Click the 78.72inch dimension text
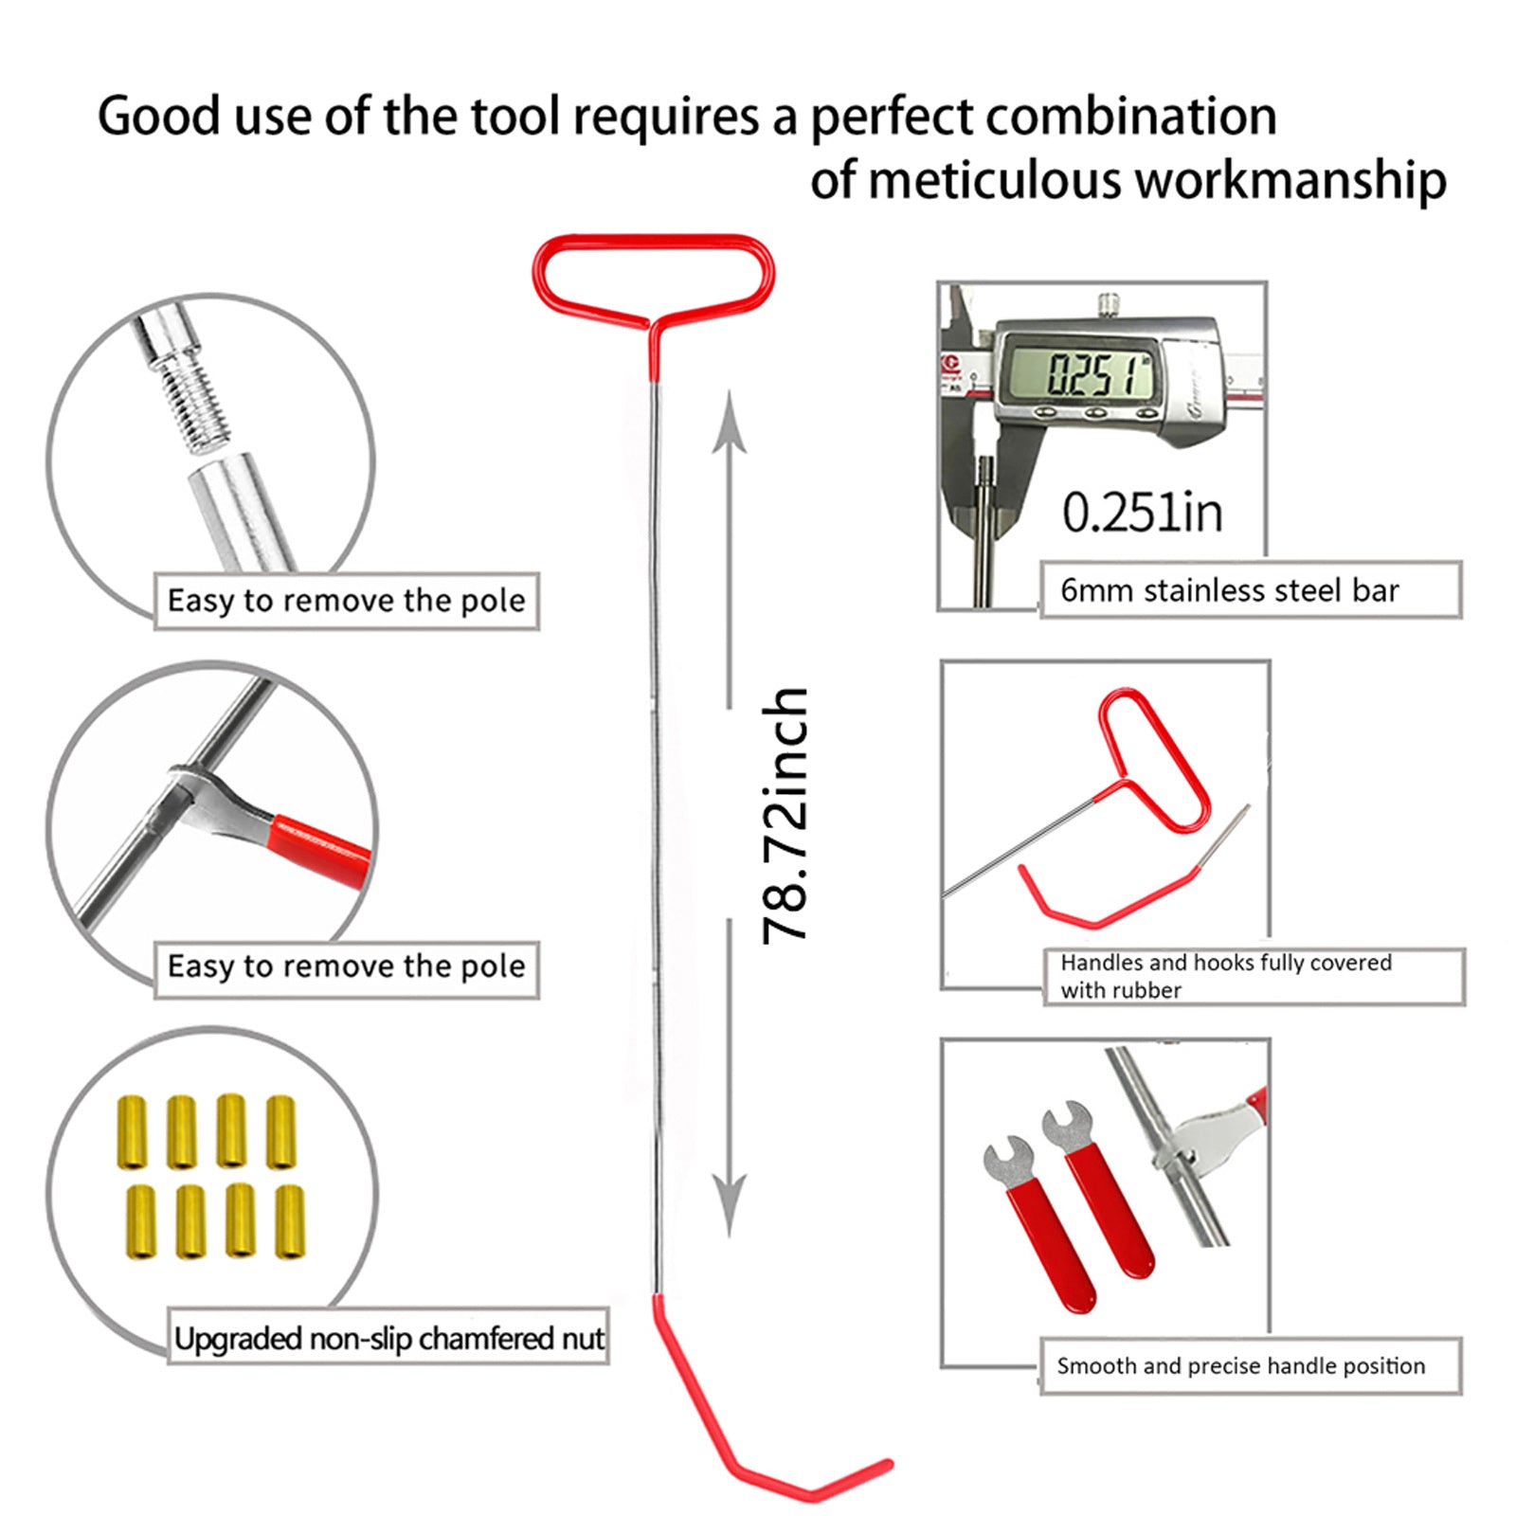[785, 816]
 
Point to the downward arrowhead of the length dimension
[730, 1203]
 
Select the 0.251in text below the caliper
[1142, 513]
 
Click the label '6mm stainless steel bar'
[1229, 590]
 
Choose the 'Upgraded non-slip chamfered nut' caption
[388, 1338]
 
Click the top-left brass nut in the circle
[132, 1132]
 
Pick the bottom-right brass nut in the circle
[289, 1221]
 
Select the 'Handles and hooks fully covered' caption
[1225, 963]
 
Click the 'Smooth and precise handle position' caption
[1240, 1365]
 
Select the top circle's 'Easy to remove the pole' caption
[346, 601]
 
